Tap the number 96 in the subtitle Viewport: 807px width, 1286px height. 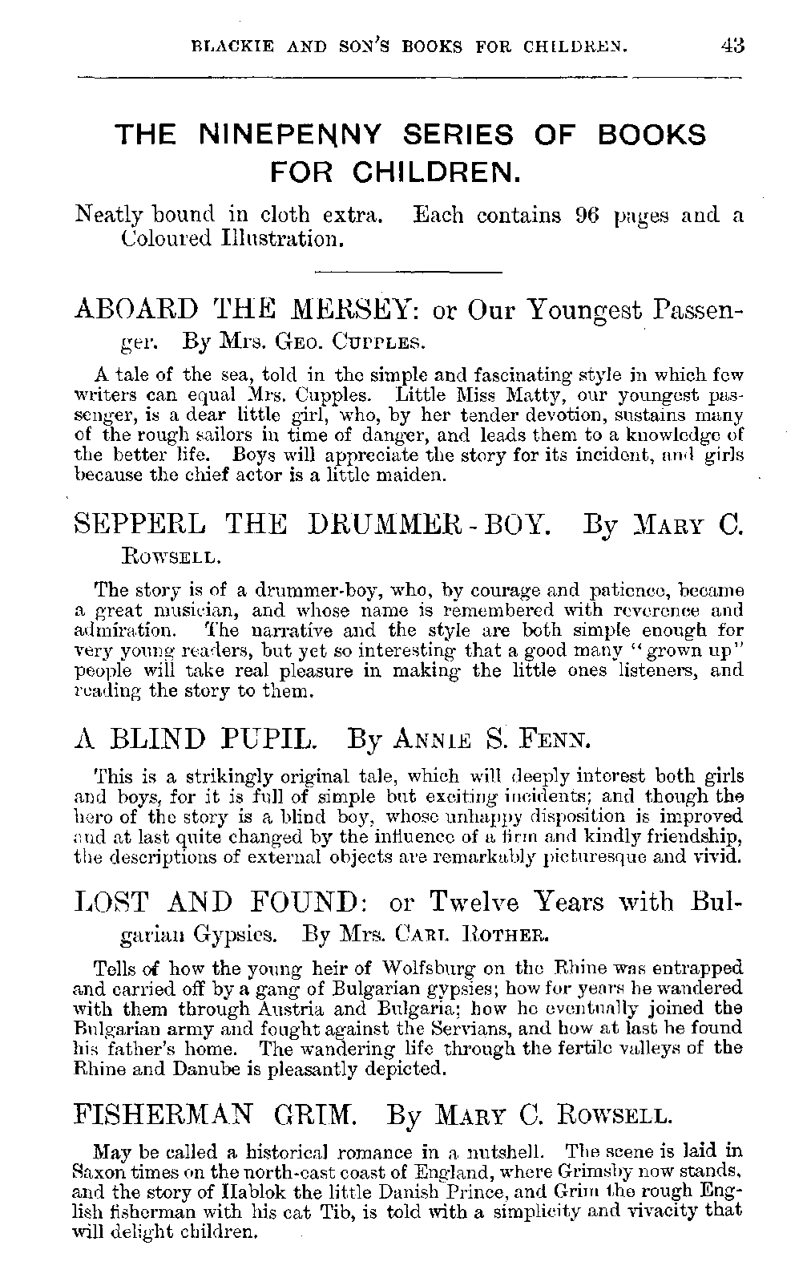point(589,216)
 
